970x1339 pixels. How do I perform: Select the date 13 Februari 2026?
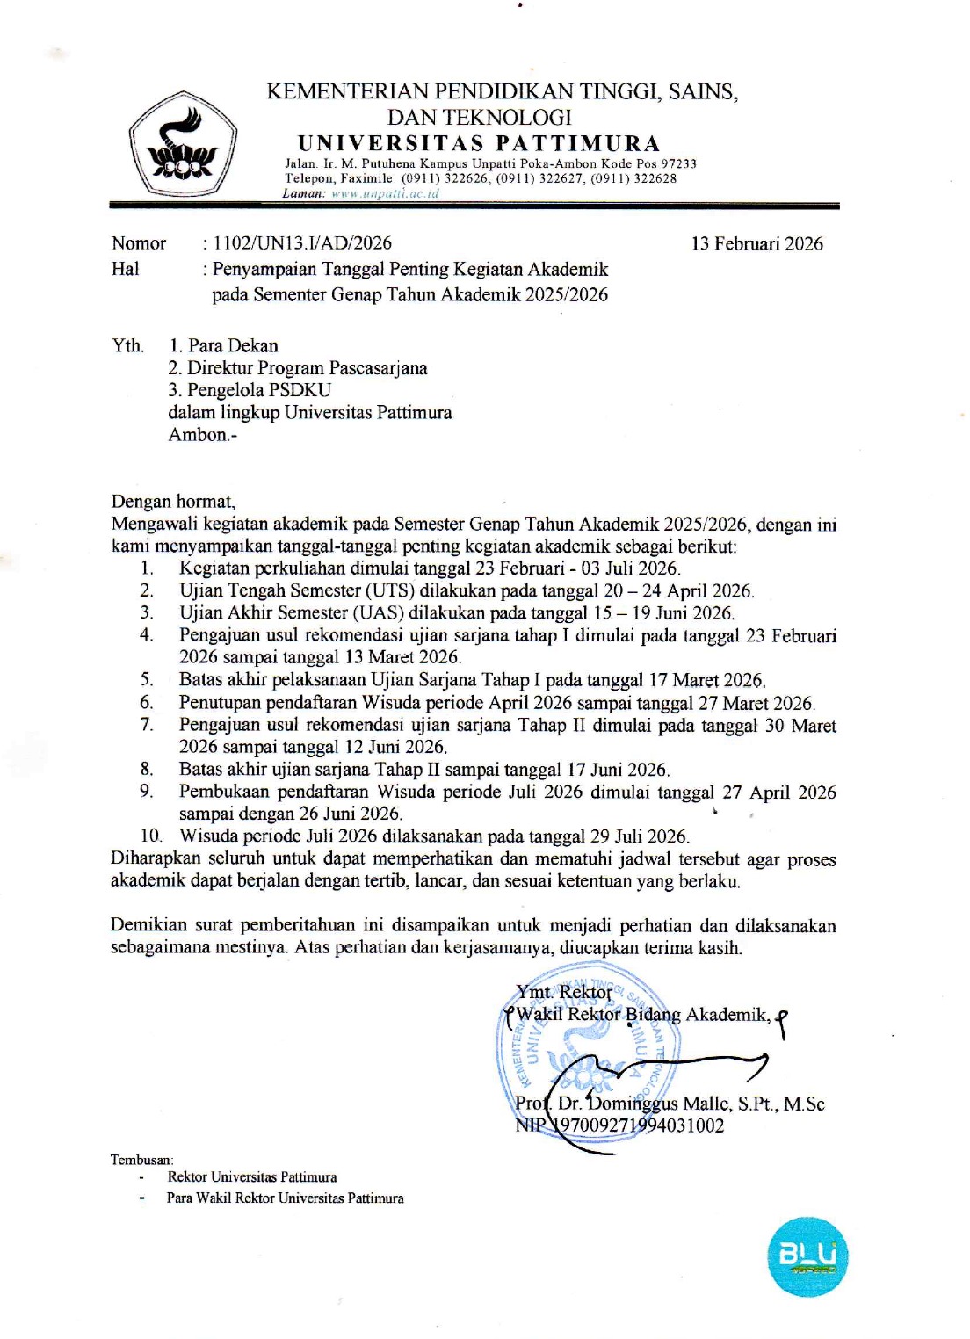click(x=756, y=244)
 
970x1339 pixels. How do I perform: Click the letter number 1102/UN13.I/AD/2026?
click(x=302, y=243)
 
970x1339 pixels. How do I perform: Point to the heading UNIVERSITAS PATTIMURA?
click(x=479, y=143)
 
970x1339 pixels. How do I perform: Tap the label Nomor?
click(x=139, y=243)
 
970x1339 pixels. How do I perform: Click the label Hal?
click(x=125, y=269)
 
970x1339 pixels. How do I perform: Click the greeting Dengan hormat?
click(x=173, y=502)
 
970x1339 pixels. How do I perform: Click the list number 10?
click(x=151, y=836)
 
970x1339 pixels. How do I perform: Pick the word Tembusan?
click(x=141, y=1160)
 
